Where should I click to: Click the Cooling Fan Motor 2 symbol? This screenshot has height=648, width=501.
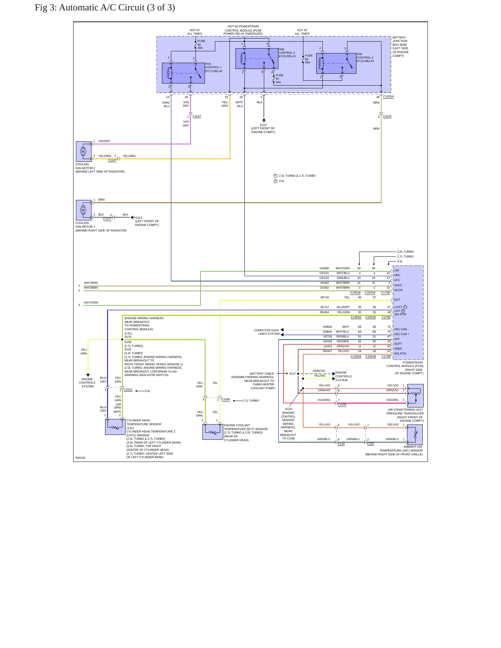tap(84, 151)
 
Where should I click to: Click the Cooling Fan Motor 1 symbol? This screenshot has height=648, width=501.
tap(84, 210)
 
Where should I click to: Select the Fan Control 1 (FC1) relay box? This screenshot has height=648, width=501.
tap(183, 73)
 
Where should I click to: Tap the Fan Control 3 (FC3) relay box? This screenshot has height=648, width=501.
tap(336, 63)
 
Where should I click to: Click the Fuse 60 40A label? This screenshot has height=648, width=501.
tap(201, 44)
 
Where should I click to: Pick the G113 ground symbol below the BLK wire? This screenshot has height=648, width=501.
tap(264, 120)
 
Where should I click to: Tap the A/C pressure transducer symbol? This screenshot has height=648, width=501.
tap(415, 395)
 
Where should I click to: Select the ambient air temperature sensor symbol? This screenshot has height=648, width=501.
tap(415, 435)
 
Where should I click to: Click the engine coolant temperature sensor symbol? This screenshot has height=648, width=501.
tap(213, 432)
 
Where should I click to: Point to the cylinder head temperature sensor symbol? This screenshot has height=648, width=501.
tap(115, 427)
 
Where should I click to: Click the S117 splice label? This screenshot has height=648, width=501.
tap(292, 374)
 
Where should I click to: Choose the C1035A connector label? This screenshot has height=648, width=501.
tap(388, 97)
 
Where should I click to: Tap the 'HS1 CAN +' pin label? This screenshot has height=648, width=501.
tap(402, 334)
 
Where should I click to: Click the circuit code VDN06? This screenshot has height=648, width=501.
tap(324, 268)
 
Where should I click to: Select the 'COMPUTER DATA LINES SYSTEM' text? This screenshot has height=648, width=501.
tap(266, 332)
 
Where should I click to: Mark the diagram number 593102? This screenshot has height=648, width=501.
tap(80, 458)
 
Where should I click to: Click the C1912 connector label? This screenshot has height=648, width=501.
tap(128, 389)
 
